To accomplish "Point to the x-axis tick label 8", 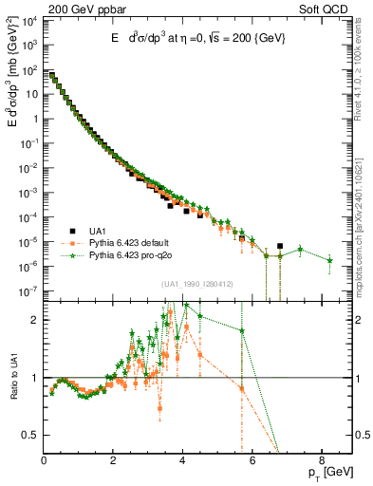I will pyautogui.click(x=321, y=461).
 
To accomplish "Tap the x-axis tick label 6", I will pyautogui.click(x=252, y=461).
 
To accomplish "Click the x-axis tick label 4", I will pyautogui.click(x=182, y=461).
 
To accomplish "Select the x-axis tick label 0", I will pyautogui.click(x=44, y=461).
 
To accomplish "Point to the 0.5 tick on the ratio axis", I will pyautogui.click(x=30, y=435).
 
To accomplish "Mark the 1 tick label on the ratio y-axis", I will pyautogui.click(x=35, y=378).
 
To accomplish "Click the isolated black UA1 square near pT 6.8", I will pyautogui.click(x=280, y=246).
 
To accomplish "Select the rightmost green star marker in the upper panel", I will pyautogui.click(x=329, y=260).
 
